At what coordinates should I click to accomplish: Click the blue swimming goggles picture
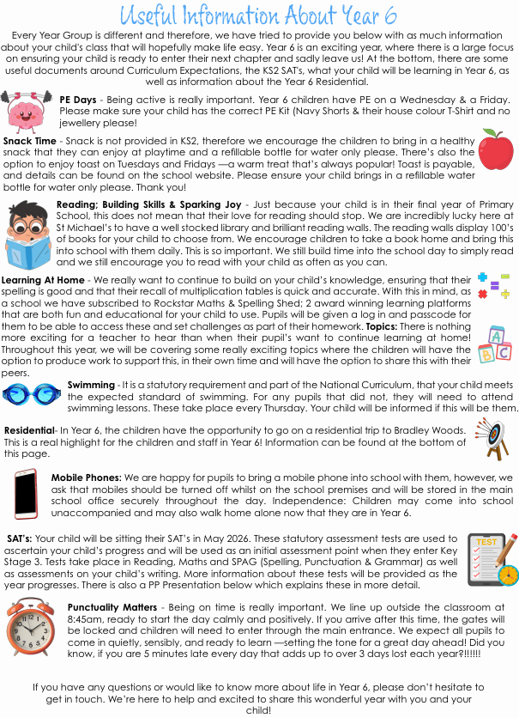(31, 392)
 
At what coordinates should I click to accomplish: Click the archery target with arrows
(491, 437)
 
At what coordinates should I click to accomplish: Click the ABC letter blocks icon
(498, 344)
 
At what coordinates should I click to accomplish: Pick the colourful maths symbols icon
(493, 286)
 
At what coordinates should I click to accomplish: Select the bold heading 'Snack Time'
(30, 140)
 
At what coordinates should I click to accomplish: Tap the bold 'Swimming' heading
(90, 385)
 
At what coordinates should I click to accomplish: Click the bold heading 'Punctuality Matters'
(111, 607)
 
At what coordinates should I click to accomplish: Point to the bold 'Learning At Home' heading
(43, 280)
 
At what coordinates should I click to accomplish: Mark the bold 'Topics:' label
(387, 328)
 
